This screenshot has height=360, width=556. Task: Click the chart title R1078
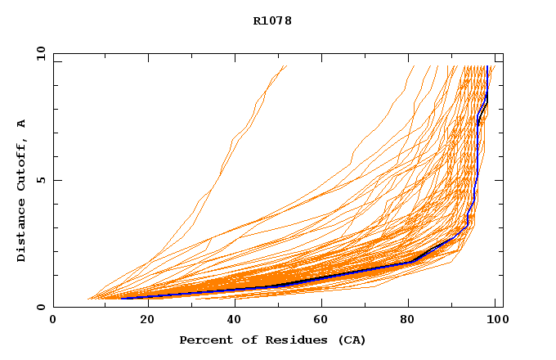pos(272,20)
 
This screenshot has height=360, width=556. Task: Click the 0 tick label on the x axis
pos(53,321)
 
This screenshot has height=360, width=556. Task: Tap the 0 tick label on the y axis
pos(40,307)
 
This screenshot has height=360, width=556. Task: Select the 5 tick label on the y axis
pos(40,180)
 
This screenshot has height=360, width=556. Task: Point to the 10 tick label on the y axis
pos(40,53)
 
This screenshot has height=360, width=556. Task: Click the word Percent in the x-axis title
pos(204,340)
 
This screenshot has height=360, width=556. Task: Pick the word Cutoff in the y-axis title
pos(22,167)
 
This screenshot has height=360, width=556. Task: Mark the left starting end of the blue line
pos(120,298)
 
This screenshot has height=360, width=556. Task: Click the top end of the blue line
pos(487,66)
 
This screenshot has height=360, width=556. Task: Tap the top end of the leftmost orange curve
pos(286,66)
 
